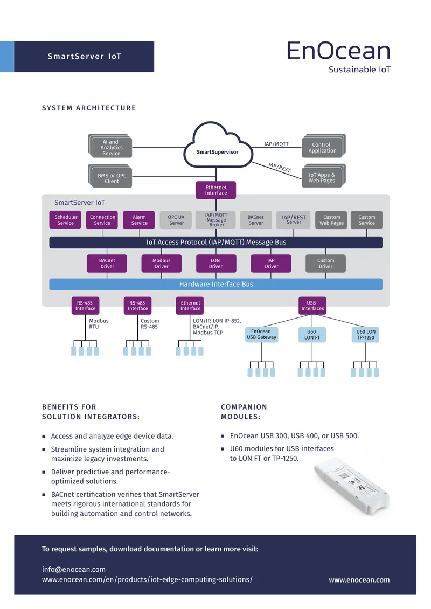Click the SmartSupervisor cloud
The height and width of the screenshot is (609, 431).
point(218,148)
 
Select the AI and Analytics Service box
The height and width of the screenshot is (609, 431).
point(110,146)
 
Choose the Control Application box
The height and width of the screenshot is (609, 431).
point(323,146)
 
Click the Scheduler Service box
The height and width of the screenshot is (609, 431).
point(65,220)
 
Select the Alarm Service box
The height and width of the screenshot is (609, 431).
point(139,220)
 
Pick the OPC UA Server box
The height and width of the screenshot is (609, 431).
point(176,220)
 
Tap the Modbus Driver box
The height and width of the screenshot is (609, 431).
point(162,264)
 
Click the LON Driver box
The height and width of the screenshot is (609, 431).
point(216,264)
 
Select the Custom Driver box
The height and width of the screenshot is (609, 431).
point(326,264)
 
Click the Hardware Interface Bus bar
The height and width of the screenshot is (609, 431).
point(216,285)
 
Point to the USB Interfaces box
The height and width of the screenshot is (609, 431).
point(312,306)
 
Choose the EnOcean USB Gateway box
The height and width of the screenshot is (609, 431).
point(262,334)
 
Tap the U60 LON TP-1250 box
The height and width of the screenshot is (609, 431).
point(365,334)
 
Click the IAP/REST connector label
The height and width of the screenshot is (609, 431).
point(280,167)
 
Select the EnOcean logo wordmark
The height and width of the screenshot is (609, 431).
point(338,51)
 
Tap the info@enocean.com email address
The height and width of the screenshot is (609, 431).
point(74,569)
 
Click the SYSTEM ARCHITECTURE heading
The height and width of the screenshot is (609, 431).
point(89,108)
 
